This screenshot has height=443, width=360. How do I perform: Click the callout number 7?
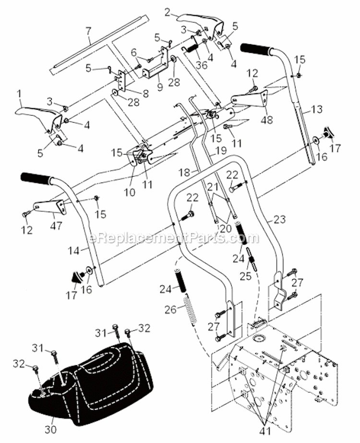88,32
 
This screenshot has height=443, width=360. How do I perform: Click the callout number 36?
202,65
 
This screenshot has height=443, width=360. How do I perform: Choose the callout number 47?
56,226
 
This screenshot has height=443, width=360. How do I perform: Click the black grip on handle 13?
256,49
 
